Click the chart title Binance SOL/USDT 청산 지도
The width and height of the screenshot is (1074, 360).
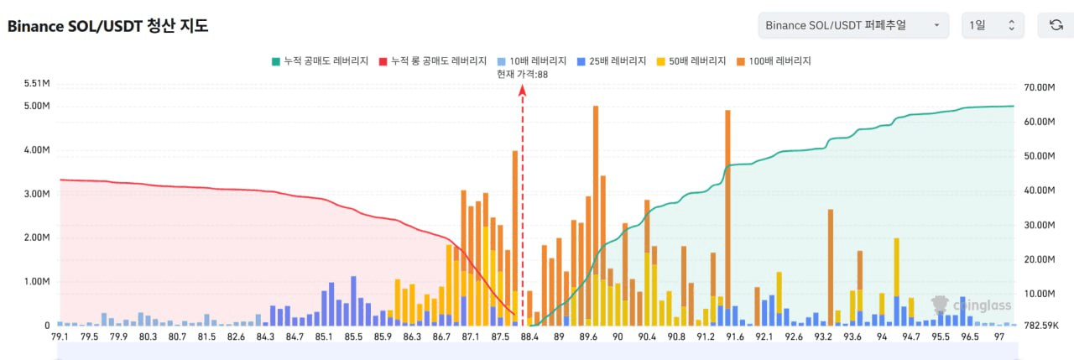[x=107, y=26]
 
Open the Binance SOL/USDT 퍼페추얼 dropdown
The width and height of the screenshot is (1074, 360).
[x=852, y=25]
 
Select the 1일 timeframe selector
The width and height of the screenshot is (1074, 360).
[x=993, y=25]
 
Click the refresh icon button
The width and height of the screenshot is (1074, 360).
[x=1056, y=25]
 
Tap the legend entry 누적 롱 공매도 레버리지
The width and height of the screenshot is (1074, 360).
[x=433, y=60]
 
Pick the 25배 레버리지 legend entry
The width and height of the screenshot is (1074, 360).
[x=612, y=60]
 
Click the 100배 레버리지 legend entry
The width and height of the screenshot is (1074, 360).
[x=774, y=60]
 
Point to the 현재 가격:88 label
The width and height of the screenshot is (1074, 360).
[x=522, y=74]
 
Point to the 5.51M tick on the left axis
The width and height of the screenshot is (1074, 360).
[x=37, y=83]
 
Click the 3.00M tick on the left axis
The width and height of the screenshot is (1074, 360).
[x=37, y=194]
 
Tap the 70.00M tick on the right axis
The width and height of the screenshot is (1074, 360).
[x=1039, y=87]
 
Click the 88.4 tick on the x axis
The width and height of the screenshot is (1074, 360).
[x=529, y=337]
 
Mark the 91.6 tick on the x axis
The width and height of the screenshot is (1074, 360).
[x=736, y=337]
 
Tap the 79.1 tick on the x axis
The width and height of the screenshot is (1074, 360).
[x=60, y=337]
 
